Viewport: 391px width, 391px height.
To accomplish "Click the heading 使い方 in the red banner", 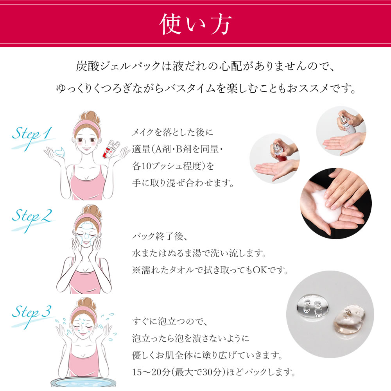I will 195,25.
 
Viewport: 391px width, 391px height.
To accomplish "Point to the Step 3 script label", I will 34,312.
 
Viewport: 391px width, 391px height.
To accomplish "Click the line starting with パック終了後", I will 161,237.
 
